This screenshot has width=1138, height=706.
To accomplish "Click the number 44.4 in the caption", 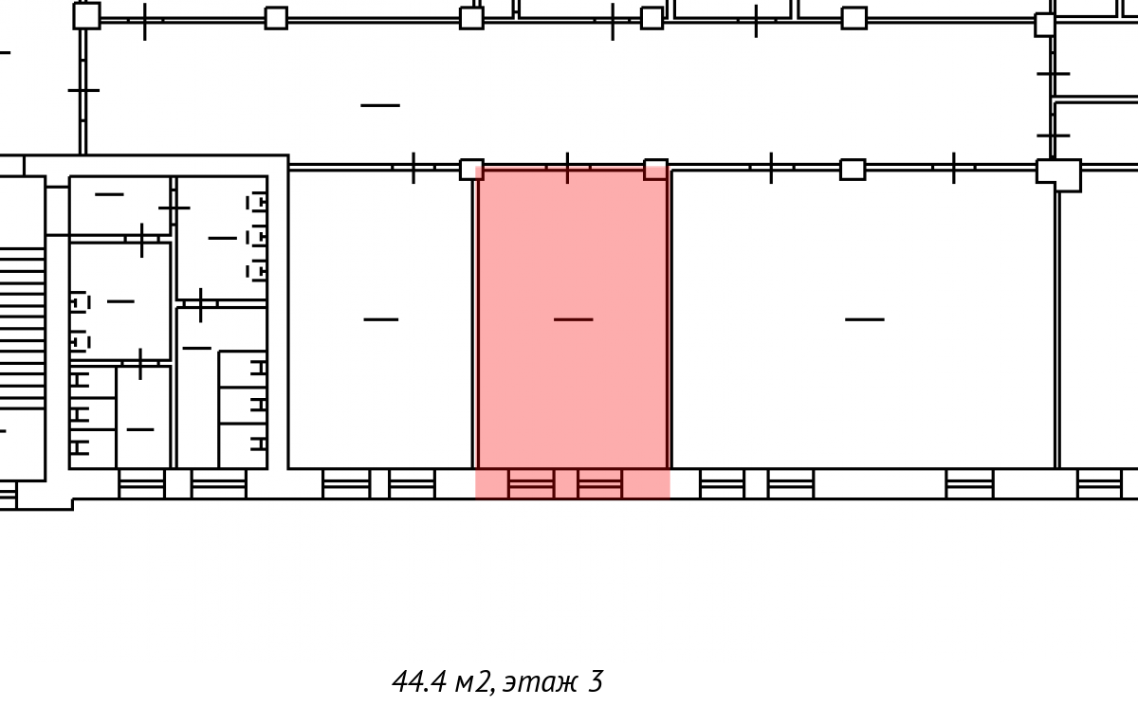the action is pos(419,681).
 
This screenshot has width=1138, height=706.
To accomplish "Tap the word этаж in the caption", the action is pos(541,682).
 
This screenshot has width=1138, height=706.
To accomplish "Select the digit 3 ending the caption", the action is pos(596,681).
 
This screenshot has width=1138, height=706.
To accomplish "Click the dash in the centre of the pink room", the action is pos(573,319).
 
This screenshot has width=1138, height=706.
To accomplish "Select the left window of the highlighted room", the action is pos(531,483).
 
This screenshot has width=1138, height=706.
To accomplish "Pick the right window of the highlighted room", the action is pos(600,483).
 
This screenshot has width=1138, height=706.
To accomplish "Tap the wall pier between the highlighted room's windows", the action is pos(565,483).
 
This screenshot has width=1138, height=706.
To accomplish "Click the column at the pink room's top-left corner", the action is pos(471,170).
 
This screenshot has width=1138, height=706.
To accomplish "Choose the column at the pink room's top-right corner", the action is pos(656,170).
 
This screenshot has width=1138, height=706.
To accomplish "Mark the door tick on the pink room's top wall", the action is pos(567,168).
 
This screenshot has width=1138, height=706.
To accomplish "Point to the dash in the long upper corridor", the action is pos(380,105).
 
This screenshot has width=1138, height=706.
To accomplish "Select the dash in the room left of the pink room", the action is pos(381,319).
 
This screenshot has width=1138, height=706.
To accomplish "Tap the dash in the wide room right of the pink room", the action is pos(865,319).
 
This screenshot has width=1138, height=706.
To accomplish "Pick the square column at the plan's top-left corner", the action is pos(86,16).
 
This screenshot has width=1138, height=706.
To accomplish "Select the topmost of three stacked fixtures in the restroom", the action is pos(257,203).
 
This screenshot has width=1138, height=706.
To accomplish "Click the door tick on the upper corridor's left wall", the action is pos(83,90).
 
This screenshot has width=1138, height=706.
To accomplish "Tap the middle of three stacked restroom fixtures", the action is pos(257,237).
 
